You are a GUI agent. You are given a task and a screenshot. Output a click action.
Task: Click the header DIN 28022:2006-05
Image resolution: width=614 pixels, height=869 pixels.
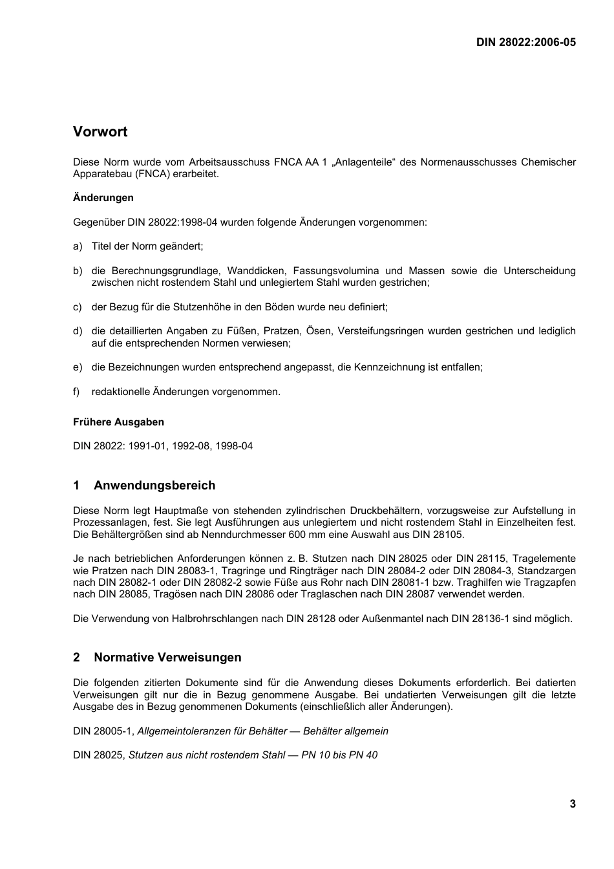pyautogui.click(x=525, y=42)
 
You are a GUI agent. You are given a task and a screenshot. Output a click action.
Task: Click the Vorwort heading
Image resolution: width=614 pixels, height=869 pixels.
pyautogui.click(x=100, y=132)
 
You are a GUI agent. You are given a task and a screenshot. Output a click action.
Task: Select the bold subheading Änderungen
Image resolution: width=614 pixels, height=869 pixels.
pyautogui.click(x=103, y=198)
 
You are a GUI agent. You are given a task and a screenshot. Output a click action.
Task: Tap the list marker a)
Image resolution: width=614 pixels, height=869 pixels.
pyautogui.click(x=78, y=246)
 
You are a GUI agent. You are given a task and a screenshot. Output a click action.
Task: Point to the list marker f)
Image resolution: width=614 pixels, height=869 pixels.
pyautogui.click(x=77, y=392)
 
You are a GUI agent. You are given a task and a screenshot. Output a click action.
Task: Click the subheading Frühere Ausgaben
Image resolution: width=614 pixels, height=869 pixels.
pyautogui.click(x=118, y=422)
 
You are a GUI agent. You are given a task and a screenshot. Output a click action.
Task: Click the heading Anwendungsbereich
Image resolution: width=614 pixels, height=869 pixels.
pyautogui.click(x=154, y=486)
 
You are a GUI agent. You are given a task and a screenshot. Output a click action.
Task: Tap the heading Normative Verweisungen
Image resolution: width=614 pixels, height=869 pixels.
pyautogui.click(x=167, y=658)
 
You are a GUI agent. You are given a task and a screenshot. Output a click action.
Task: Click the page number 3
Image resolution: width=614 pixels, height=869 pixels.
pyautogui.click(x=572, y=804)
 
